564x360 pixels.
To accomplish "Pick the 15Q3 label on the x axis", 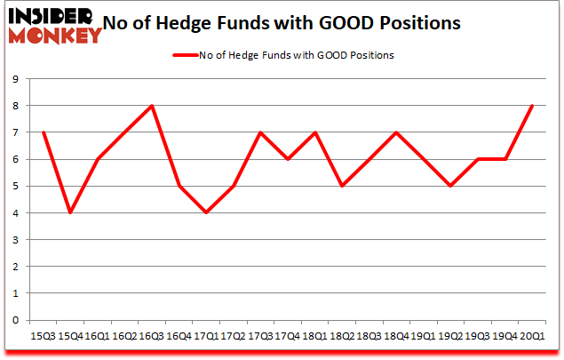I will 43,337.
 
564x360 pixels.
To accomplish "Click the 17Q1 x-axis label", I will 207,337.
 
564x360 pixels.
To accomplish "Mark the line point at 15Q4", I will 70,212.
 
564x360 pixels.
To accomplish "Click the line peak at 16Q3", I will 152,105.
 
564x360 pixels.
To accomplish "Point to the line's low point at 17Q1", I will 207,212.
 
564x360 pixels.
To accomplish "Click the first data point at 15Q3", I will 43,132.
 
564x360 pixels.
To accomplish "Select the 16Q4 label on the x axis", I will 179,337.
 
